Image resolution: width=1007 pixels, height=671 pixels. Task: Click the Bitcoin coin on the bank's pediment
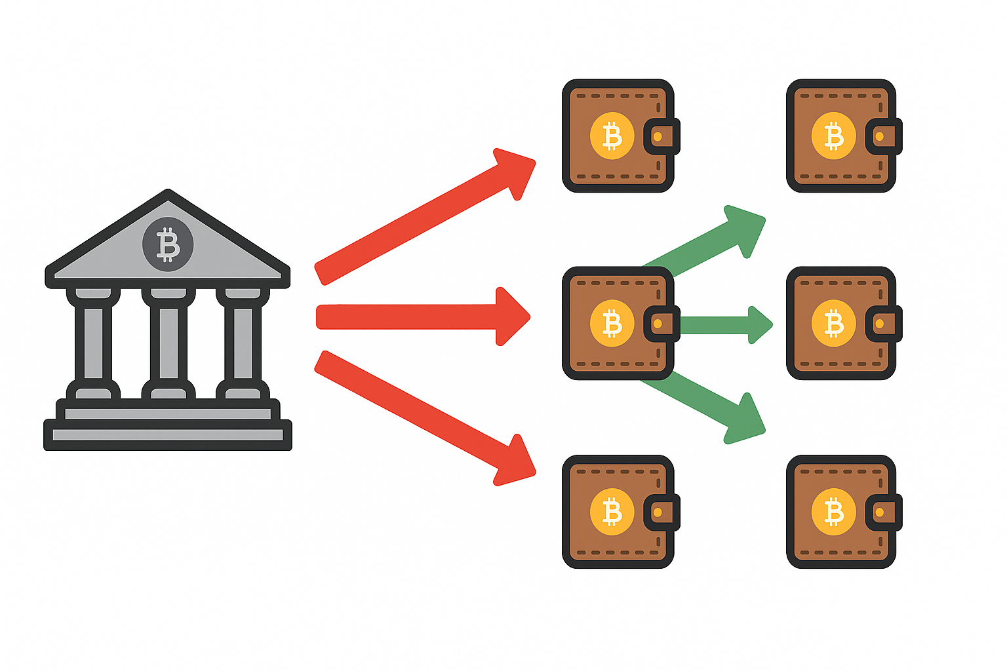click(x=168, y=244)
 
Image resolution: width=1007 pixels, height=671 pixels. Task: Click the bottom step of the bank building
click(x=168, y=435)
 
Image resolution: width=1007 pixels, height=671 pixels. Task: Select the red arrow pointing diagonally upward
click(x=420, y=220)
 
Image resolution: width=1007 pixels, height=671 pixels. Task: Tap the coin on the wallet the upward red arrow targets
click(x=612, y=136)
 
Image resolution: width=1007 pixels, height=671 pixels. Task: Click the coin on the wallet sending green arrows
click(x=612, y=323)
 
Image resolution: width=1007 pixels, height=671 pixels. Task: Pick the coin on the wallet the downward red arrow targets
click(x=612, y=512)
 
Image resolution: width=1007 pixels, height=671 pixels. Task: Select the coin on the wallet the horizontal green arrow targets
click(x=833, y=323)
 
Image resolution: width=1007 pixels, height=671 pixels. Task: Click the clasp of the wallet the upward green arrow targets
click(x=882, y=136)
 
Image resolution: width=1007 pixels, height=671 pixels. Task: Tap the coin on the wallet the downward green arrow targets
click(x=833, y=512)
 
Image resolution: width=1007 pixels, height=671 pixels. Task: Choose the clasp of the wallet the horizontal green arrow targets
click(x=882, y=323)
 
